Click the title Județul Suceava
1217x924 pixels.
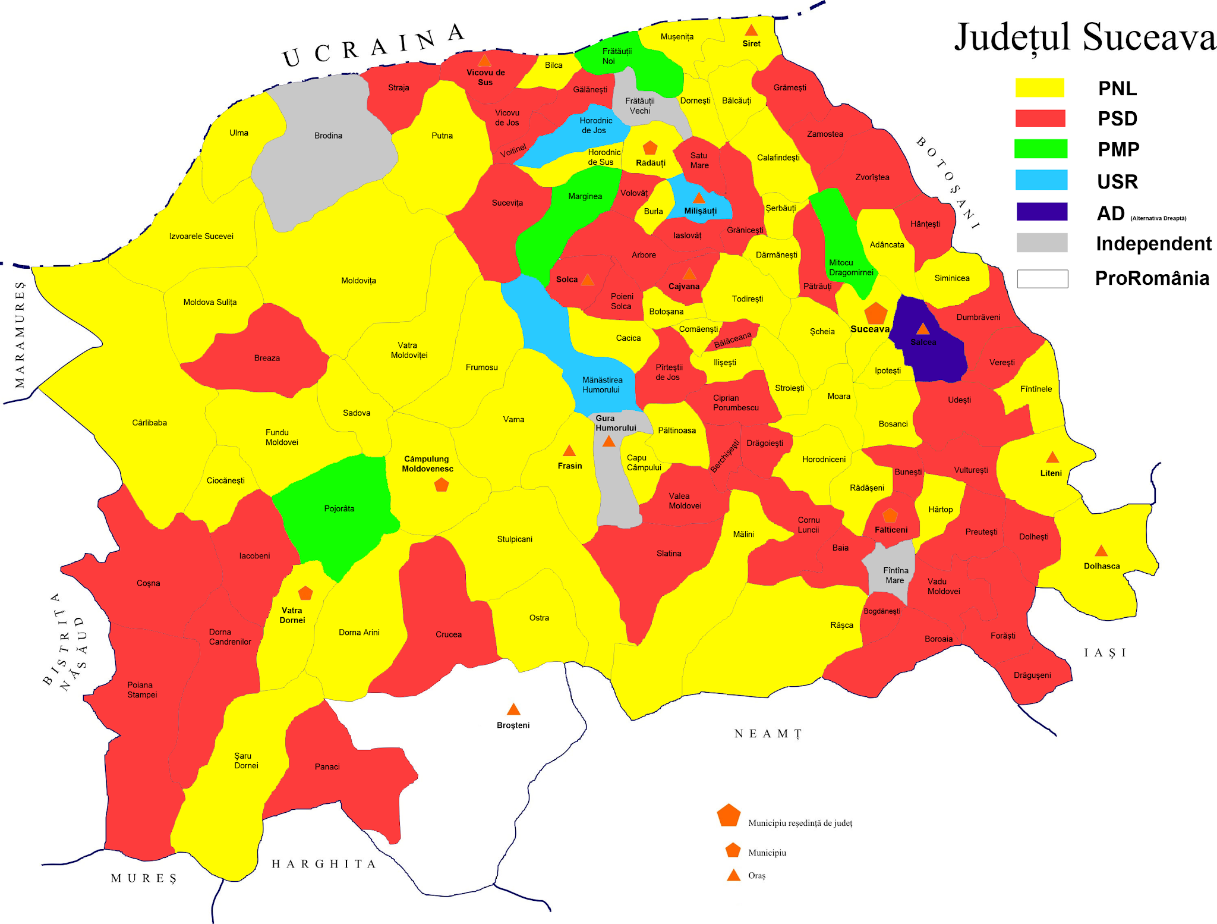(1085, 37)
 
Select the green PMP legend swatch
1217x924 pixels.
(1041, 149)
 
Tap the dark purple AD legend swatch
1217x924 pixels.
(1041, 212)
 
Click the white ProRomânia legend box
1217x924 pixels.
(1042, 278)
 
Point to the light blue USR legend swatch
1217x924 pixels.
(1041, 180)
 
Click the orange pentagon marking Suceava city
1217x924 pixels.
(875, 313)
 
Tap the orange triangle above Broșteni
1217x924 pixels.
(513, 709)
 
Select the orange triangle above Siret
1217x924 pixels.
(751, 30)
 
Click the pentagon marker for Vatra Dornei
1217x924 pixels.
(305, 593)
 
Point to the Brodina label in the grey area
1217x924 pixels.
(328, 136)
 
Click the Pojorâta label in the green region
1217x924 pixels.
(339, 508)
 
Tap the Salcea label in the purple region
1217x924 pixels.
(923, 342)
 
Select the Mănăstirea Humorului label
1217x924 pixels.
(602, 385)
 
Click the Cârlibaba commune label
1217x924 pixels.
(149, 423)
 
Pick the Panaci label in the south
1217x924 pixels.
(327, 766)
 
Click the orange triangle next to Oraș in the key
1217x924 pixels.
(734, 875)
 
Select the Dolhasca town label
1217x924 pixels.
(1101, 566)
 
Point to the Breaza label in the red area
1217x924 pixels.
(267, 358)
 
